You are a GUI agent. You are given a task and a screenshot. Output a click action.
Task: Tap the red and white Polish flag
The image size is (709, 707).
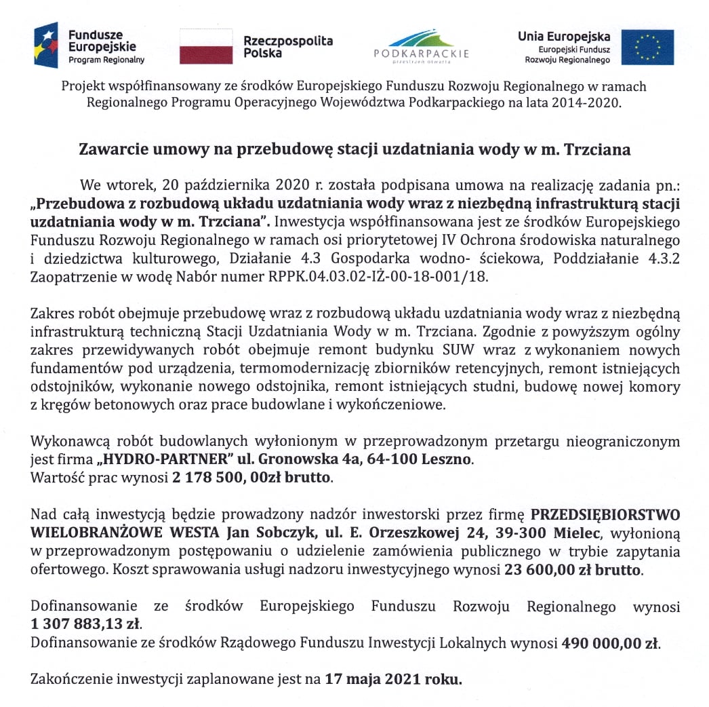coord(206,47)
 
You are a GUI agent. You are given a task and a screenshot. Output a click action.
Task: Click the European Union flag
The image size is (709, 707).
coord(647,47)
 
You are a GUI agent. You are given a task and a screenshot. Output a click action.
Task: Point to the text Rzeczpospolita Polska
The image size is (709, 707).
coord(288,47)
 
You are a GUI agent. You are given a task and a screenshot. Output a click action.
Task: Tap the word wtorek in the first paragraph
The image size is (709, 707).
coord(130,185)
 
